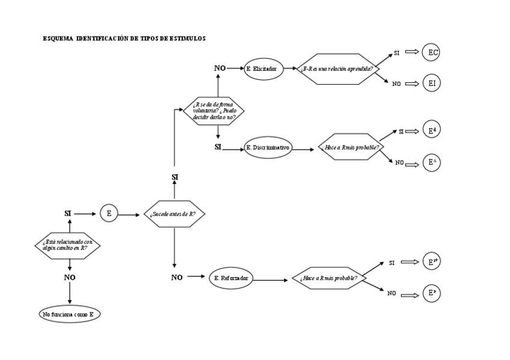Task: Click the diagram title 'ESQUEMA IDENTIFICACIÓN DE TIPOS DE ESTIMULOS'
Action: [124, 38]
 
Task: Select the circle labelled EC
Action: [431, 53]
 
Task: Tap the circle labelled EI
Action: [431, 83]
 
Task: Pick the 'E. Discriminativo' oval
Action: [268, 148]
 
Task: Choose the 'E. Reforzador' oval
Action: [230, 278]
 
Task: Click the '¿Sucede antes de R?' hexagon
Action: [173, 214]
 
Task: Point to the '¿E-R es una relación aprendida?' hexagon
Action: [336, 69]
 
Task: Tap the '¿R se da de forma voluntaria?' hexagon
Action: [214, 111]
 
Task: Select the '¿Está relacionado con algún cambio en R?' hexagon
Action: [67, 245]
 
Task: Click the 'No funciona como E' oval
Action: [70, 314]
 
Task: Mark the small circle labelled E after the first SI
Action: [109, 213]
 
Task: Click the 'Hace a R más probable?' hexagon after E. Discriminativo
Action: [351, 147]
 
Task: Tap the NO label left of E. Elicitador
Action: [220, 69]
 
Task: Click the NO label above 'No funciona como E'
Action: [70, 278]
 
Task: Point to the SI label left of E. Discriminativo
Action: [218, 147]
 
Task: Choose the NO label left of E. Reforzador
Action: [177, 278]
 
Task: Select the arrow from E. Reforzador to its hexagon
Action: [272, 279]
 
